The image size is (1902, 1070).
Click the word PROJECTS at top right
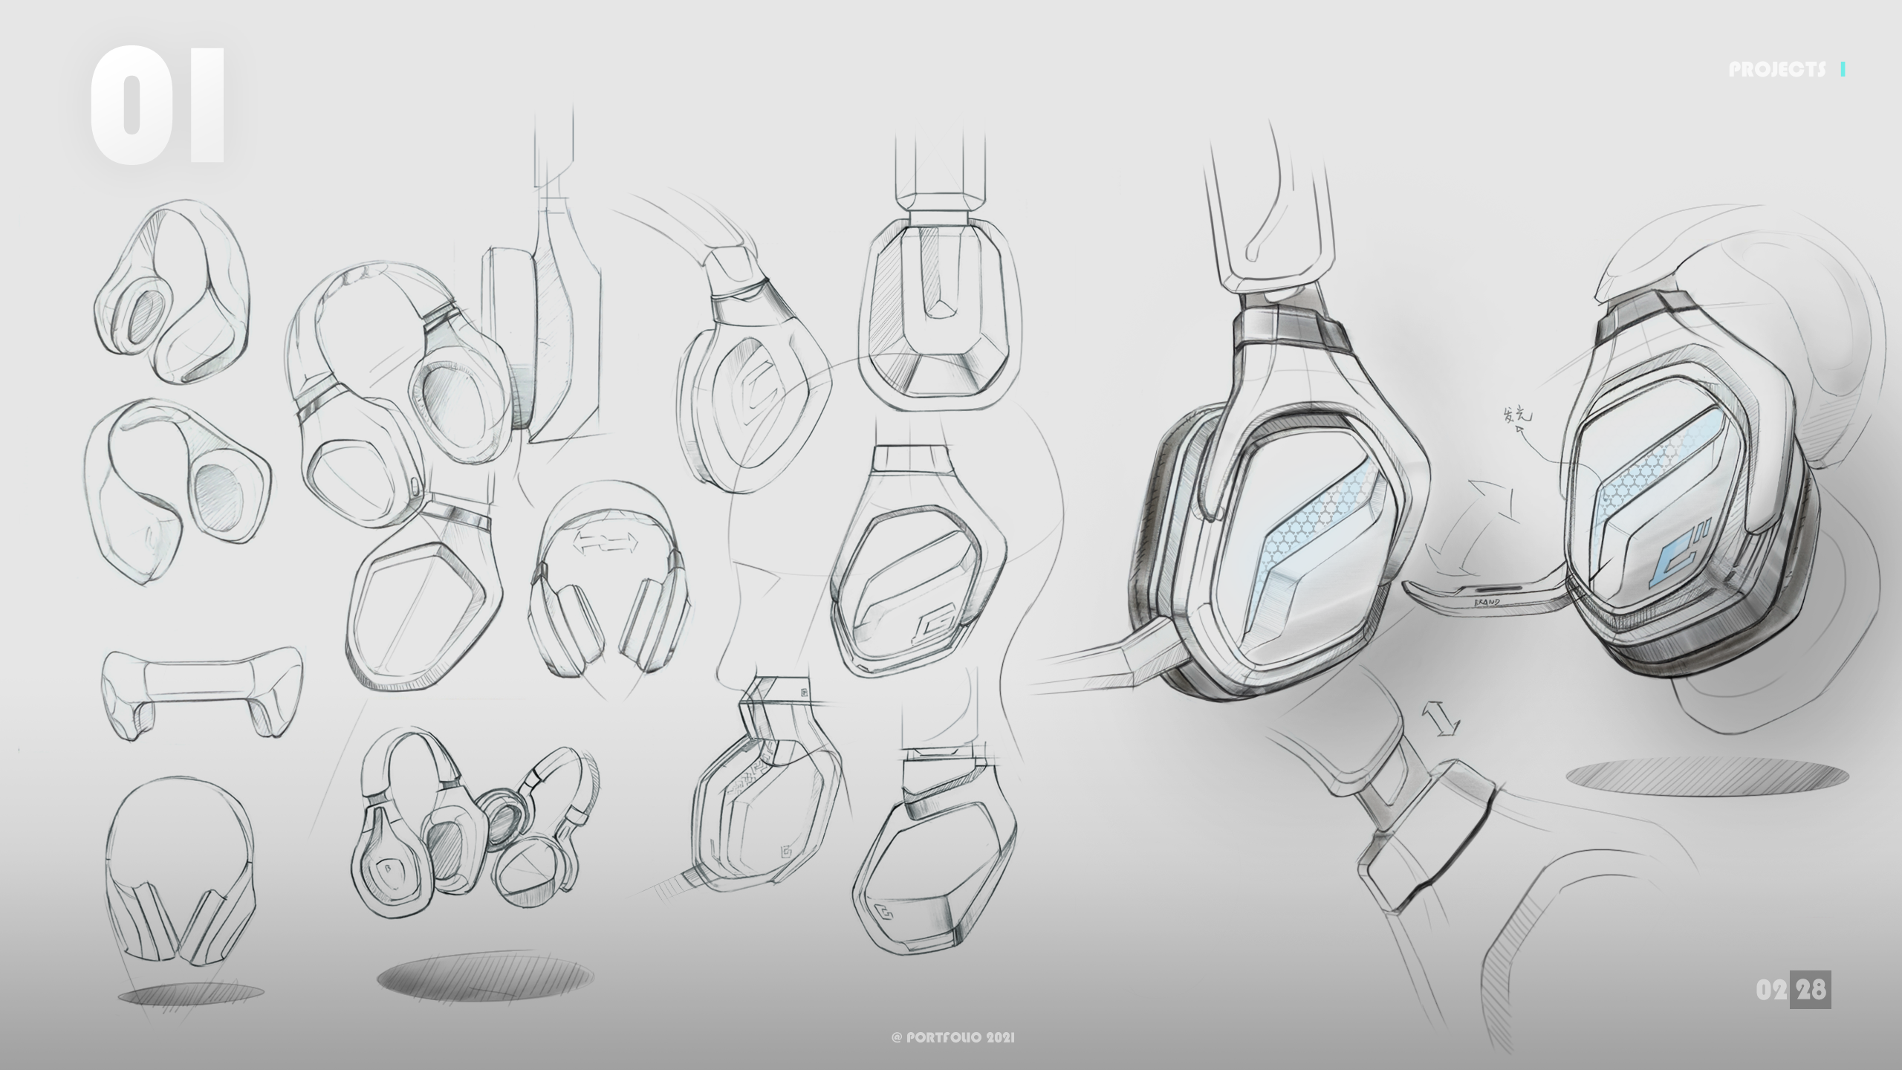(x=1776, y=70)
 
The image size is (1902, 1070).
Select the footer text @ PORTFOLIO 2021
(x=952, y=1037)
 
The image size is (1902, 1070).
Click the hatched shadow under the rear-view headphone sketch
(x=190, y=994)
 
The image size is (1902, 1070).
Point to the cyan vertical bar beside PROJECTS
(x=1844, y=70)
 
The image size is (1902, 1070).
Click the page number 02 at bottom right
(x=1772, y=990)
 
